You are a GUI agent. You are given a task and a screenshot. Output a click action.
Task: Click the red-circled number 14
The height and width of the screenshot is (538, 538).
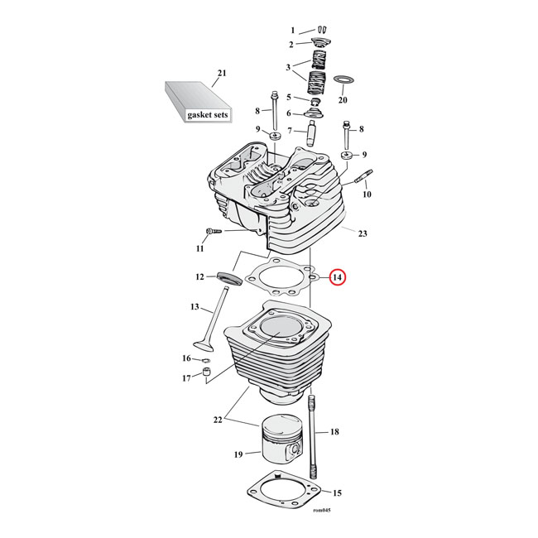click(x=338, y=279)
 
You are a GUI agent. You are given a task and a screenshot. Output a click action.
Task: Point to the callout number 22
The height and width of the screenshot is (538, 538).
click(x=218, y=420)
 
